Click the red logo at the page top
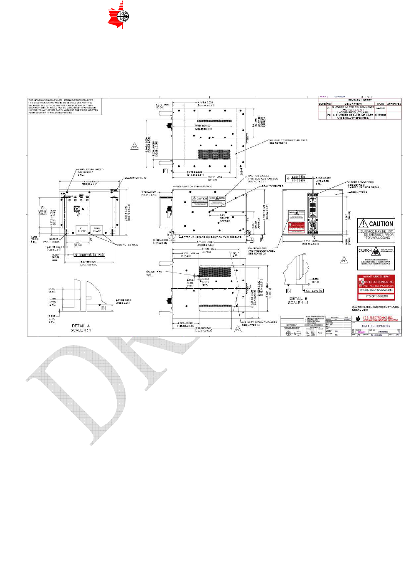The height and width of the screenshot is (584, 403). [x=118, y=15]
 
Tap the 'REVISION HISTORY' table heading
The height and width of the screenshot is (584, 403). [x=360, y=100]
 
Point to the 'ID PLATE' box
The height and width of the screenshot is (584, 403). [x=82, y=230]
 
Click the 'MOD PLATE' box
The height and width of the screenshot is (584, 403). [x=97, y=230]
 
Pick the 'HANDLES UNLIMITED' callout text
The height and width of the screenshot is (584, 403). [x=91, y=169]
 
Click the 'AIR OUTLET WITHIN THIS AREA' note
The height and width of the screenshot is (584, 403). [x=288, y=140]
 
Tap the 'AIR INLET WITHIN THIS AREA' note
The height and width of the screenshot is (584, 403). [x=260, y=322]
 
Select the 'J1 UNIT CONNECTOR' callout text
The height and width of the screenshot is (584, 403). [x=361, y=182]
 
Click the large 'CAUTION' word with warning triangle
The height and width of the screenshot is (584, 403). [x=376, y=224]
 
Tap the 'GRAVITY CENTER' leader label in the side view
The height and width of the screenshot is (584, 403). [x=272, y=186]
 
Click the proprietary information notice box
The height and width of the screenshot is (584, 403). [x=64, y=106]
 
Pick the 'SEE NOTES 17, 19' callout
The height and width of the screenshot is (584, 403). [x=135, y=178]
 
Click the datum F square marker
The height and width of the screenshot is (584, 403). [x=165, y=171]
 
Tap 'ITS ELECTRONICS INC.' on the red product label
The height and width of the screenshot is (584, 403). [x=378, y=282]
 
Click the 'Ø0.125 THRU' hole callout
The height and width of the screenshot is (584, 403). [x=154, y=272]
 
